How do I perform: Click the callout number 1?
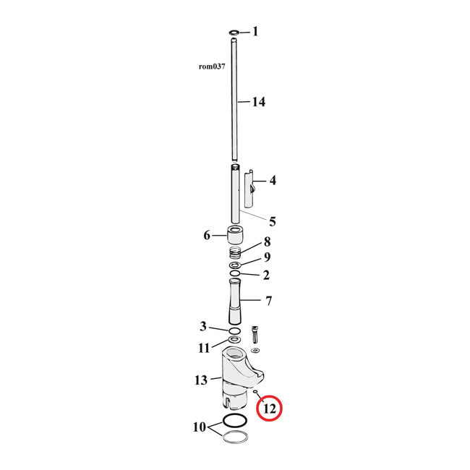(255, 32)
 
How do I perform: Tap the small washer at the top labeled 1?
(234, 33)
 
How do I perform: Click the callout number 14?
(258, 102)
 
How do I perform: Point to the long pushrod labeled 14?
(234, 101)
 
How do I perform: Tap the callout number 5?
(273, 221)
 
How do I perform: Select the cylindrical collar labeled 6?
(234, 236)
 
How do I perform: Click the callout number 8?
(267, 242)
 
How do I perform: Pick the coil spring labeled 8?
(234, 254)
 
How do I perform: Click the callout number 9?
(267, 257)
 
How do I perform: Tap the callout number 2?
(267, 275)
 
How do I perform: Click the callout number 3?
(203, 326)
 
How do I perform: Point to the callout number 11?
(205, 348)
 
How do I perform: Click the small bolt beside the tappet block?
(255, 336)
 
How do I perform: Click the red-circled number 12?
(269, 409)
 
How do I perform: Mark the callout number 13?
(200, 380)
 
